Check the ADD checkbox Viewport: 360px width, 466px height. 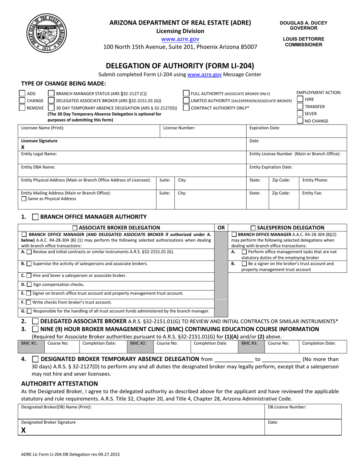(x=22, y=94)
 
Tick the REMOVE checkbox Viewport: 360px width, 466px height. (x=22, y=108)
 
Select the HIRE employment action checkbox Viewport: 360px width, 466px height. (x=300, y=99)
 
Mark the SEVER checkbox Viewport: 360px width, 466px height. (x=300, y=114)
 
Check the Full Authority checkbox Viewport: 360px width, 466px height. (x=186, y=94)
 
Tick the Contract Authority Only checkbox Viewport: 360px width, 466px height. (x=186, y=108)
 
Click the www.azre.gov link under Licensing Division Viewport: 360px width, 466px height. (x=180, y=39)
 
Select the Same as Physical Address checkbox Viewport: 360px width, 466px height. (x=24, y=199)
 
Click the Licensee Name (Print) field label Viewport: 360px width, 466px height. (x=42, y=128)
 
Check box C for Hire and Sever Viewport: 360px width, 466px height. (x=29, y=275)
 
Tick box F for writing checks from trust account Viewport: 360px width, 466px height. (x=29, y=302)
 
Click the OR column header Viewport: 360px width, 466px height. (x=221, y=228)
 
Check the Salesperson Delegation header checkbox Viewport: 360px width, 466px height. (x=253, y=228)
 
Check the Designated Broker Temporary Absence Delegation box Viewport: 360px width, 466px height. (x=35, y=359)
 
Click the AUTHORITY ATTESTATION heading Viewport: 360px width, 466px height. (x=59, y=383)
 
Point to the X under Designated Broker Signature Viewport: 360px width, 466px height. (x=23, y=430)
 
